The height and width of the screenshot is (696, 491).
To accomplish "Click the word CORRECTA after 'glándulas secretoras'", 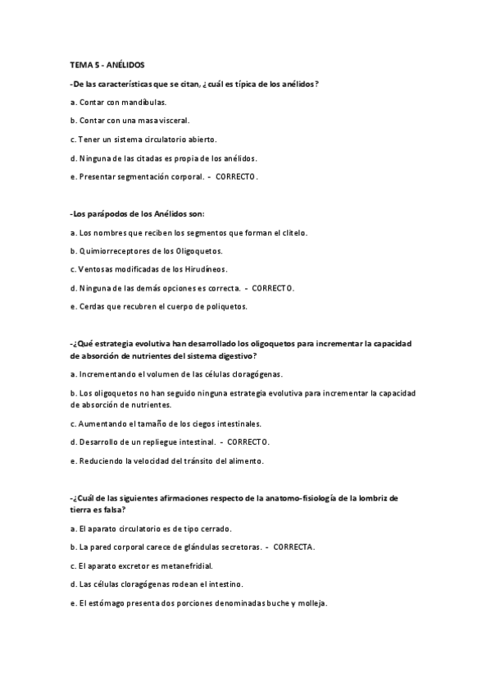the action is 293,546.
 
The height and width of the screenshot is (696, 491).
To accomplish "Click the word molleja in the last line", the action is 310,603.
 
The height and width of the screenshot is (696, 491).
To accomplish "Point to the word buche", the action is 274,603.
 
